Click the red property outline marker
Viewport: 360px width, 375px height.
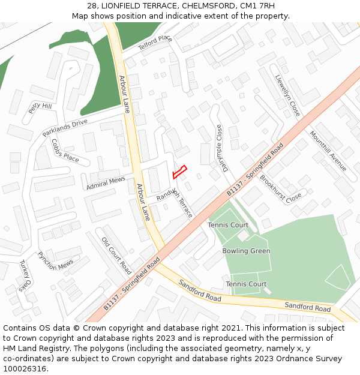click(179, 172)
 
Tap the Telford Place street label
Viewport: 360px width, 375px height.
click(155, 43)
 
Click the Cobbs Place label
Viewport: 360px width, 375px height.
click(65, 151)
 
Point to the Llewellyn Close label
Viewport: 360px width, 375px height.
click(287, 95)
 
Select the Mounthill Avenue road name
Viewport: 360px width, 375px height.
click(328, 151)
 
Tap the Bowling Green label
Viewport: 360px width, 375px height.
click(246, 251)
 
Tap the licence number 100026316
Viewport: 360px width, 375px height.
click(25, 368)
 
